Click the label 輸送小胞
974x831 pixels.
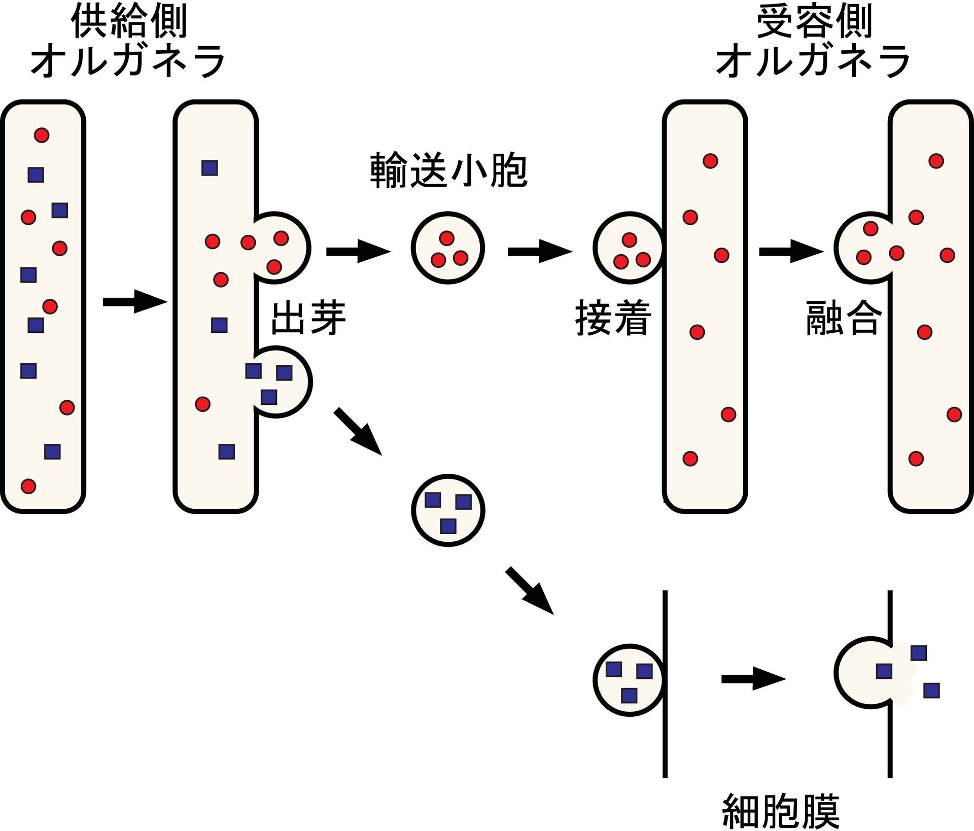coord(448,170)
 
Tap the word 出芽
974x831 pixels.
coord(308,319)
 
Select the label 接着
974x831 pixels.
coord(613,319)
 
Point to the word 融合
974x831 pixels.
coord(843,319)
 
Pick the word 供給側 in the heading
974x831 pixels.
coord(129,21)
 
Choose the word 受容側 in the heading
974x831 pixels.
coord(814,21)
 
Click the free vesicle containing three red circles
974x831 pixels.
coord(447,248)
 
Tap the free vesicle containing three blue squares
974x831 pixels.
coord(447,510)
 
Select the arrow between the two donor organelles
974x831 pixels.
coord(134,302)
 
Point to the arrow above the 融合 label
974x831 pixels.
coord(790,252)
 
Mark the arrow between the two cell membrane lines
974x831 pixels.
coord(753,679)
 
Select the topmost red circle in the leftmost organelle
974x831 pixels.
coord(42,135)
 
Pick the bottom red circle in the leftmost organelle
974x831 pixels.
coord(28,486)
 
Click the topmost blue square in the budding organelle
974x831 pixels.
coord(210,168)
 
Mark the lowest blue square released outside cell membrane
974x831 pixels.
coord(931,690)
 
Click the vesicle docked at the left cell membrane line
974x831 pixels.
coord(628,680)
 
